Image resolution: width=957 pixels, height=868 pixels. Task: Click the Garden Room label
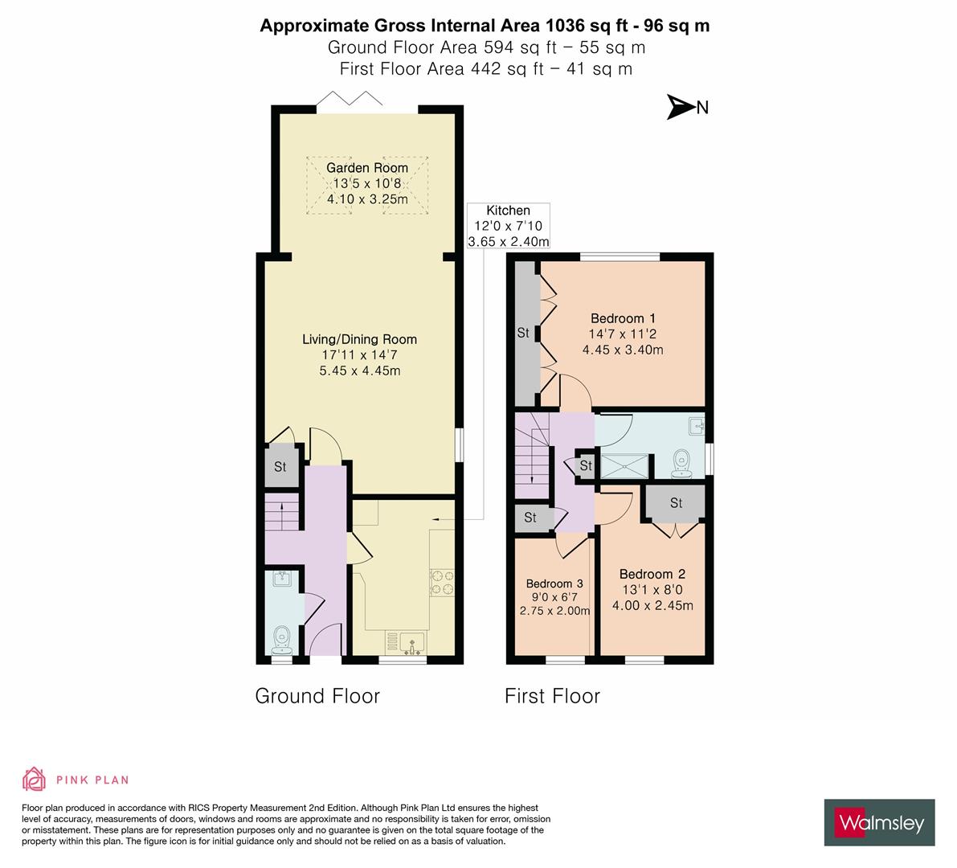[366, 168]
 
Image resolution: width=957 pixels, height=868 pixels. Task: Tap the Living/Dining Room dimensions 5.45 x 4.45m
[359, 371]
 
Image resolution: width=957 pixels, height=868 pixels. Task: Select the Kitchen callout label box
[508, 226]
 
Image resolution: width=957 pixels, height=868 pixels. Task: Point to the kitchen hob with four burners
[442, 583]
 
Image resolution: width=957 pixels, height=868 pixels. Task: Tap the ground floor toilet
[282, 640]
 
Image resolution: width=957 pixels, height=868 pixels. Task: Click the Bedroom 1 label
[623, 317]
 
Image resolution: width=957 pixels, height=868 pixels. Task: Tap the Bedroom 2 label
[652, 574]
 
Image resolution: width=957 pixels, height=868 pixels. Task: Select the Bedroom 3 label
[554, 583]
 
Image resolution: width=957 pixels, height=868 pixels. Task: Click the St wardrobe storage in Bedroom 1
[523, 333]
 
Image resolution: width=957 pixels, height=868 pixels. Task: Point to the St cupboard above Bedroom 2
[676, 503]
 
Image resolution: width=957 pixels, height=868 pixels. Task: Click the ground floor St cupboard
[280, 467]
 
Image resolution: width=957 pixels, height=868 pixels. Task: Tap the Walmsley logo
[881, 823]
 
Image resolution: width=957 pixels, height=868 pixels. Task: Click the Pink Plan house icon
[35, 780]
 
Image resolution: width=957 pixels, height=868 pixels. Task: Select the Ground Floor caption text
[317, 696]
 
